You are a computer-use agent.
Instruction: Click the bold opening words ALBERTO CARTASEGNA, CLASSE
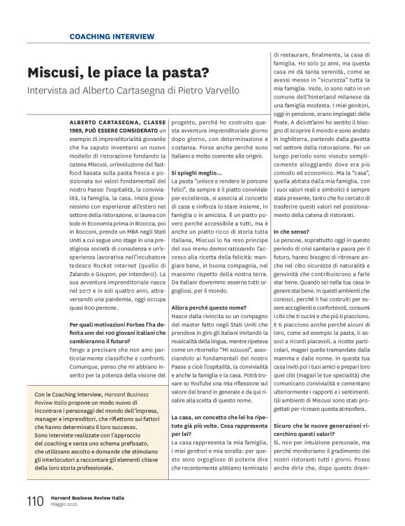coord(118,121)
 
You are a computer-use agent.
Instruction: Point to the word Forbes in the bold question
coord(135,324)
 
